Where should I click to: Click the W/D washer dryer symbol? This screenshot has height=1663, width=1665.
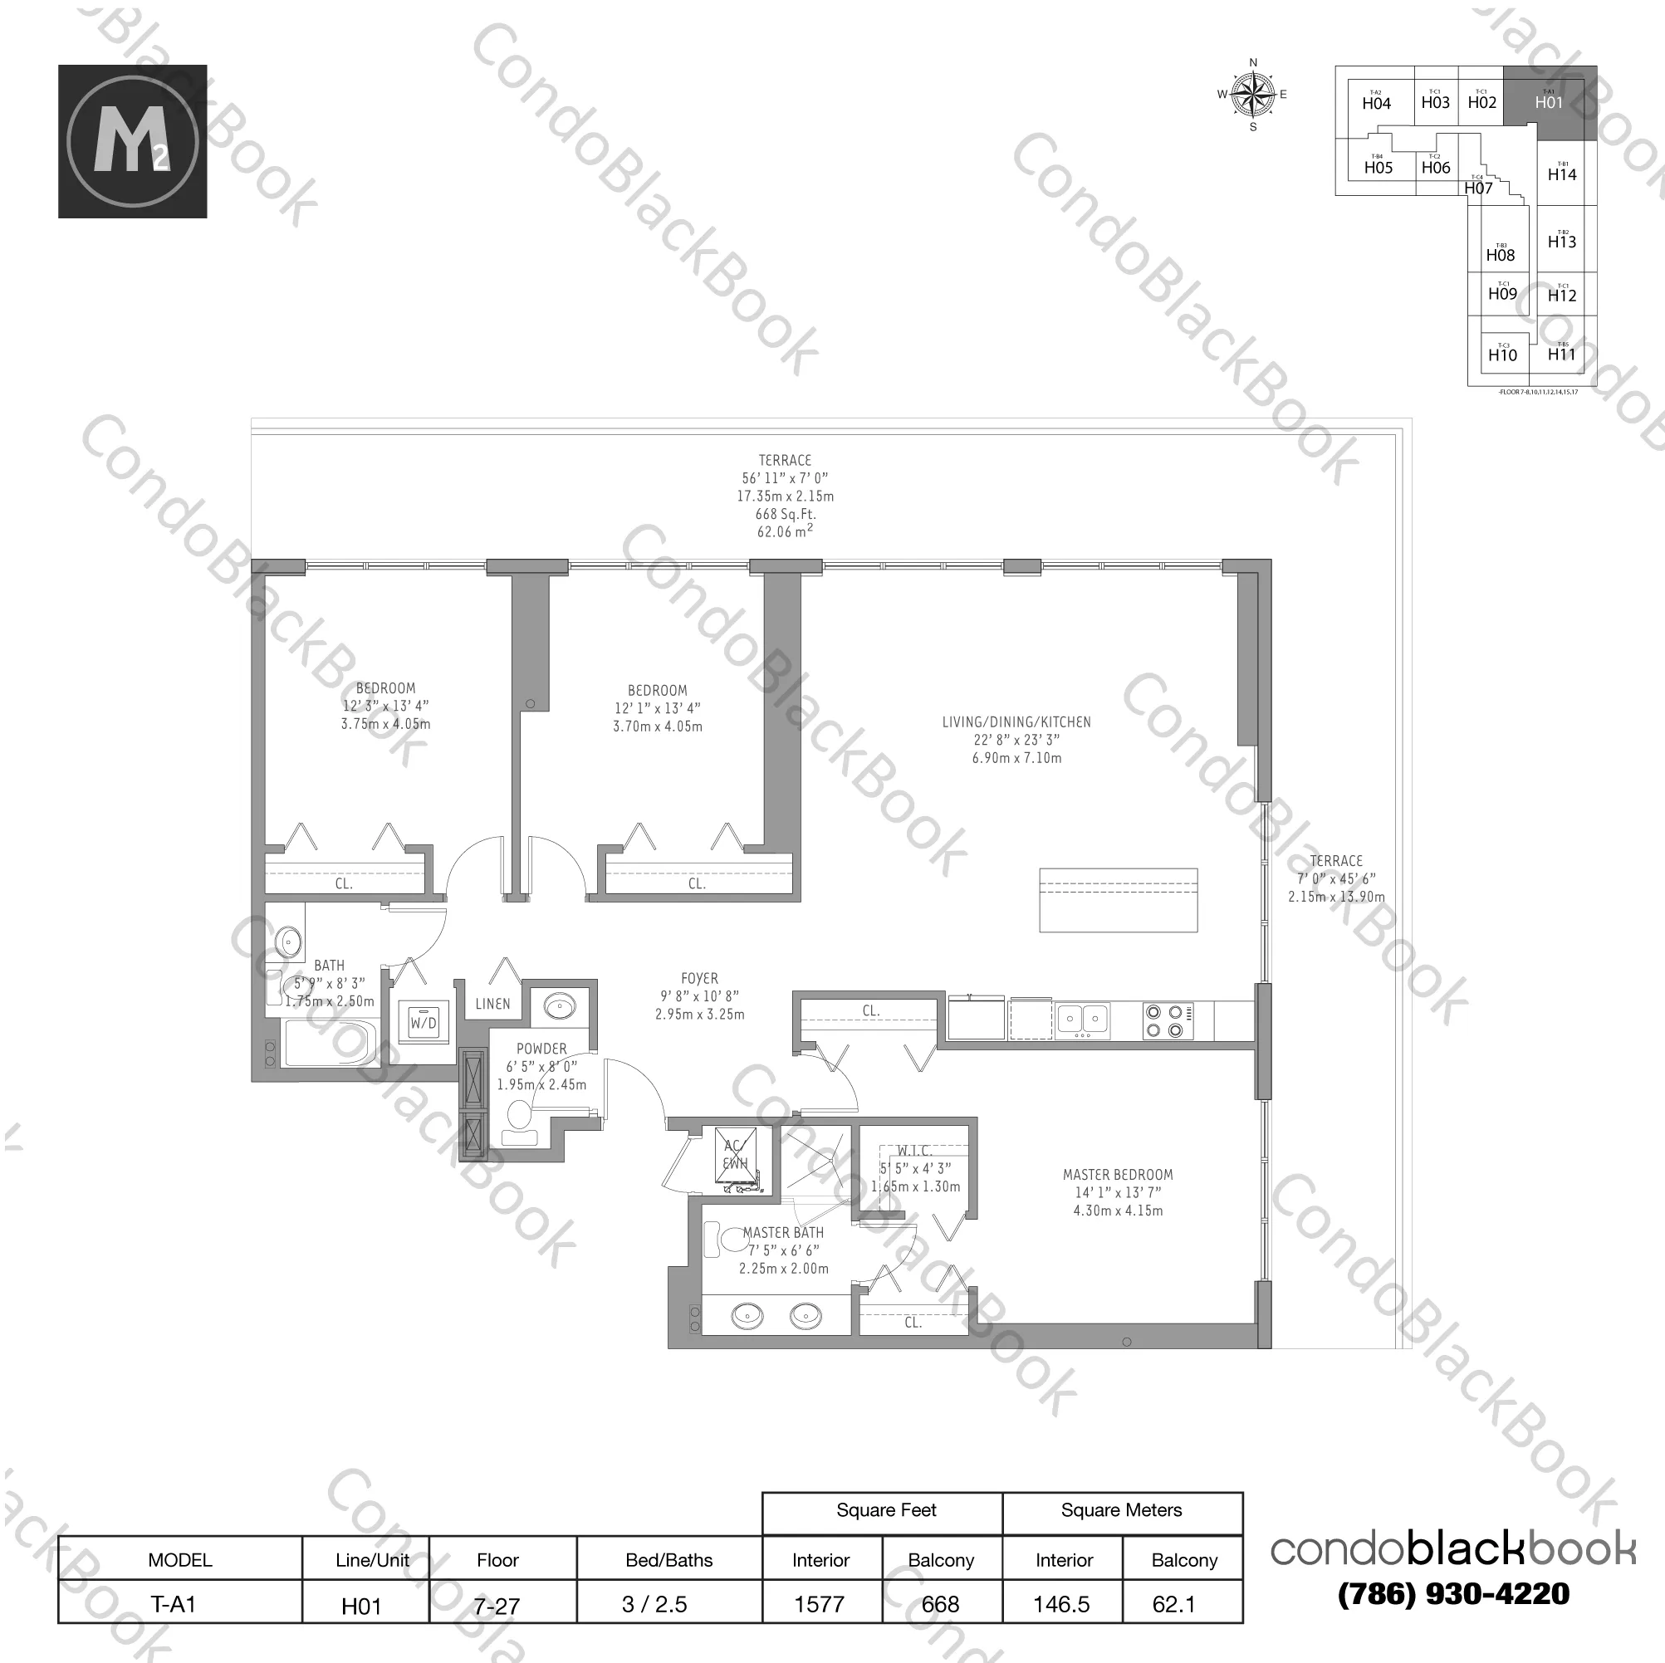tap(424, 1023)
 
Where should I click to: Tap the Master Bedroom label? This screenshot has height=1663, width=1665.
tap(1117, 1175)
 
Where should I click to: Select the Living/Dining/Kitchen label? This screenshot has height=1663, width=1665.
tap(1016, 722)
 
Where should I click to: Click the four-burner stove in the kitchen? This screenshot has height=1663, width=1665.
tap(1168, 1021)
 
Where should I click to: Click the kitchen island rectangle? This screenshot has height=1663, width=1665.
tap(1118, 901)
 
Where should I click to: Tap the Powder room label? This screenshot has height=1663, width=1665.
tap(541, 1049)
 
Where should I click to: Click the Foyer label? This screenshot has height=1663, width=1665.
tap(699, 979)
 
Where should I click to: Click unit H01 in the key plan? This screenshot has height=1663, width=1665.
tap(1549, 103)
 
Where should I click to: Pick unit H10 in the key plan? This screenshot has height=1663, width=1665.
tap(1502, 355)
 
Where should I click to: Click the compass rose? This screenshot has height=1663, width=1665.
tap(1253, 95)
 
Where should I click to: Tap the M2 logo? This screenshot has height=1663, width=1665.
tap(133, 141)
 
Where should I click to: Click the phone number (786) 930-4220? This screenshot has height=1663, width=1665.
tap(1453, 1594)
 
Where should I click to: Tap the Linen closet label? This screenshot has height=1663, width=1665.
tap(492, 1004)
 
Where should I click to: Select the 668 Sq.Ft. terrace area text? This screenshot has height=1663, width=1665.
tap(784, 515)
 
